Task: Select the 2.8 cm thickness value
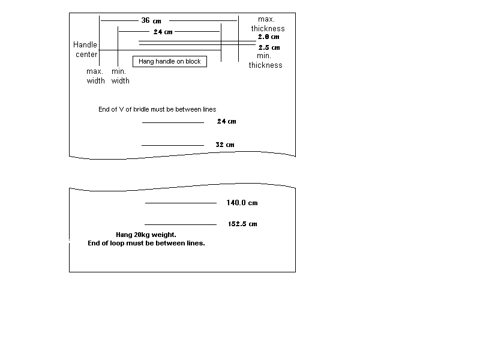[x=268, y=37]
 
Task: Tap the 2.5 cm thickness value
[x=269, y=47]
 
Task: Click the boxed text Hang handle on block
[x=169, y=61]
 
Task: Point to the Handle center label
[x=85, y=50]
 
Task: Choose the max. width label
[x=95, y=76]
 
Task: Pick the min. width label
[x=120, y=76]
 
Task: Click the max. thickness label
[x=268, y=24]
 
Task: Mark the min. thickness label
[x=265, y=61]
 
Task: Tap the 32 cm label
[x=224, y=145]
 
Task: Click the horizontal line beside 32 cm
[x=173, y=145]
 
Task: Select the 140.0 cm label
[x=242, y=203]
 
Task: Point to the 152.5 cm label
[x=242, y=224]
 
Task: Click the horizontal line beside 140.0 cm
[x=181, y=203]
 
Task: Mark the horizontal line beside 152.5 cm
[x=181, y=224]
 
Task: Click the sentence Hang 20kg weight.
[x=146, y=235]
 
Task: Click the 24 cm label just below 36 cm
[x=163, y=32]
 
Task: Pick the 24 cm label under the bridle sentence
[x=226, y=121]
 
